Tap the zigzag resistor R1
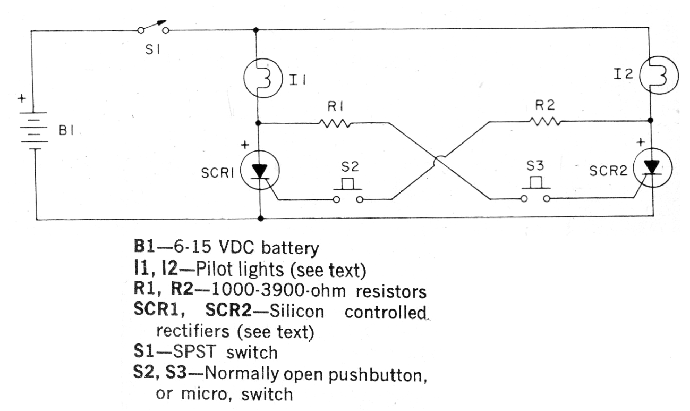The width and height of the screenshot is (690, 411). pos(335,123)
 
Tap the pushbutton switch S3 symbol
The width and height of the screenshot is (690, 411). pos(535,192)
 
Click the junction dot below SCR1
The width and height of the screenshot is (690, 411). pos(260,218)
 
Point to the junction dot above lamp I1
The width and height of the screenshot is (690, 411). pos(257,30)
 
